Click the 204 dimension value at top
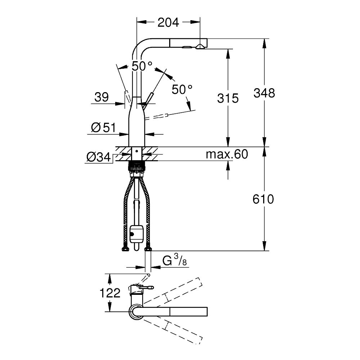[168, 22]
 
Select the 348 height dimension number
[264, 93]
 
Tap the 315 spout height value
[228, 98]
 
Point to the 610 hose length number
[263, 199]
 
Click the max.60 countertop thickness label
[227, 154]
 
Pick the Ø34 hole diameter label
[99, 157]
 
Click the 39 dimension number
[102, 97]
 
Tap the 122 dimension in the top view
[110, 293]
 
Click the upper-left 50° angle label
[141, 66]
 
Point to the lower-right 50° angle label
[182, 89]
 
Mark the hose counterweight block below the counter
[136, 234]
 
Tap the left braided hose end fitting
[125, 249]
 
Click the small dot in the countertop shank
[136, 151]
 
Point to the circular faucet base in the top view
[136, 312]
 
